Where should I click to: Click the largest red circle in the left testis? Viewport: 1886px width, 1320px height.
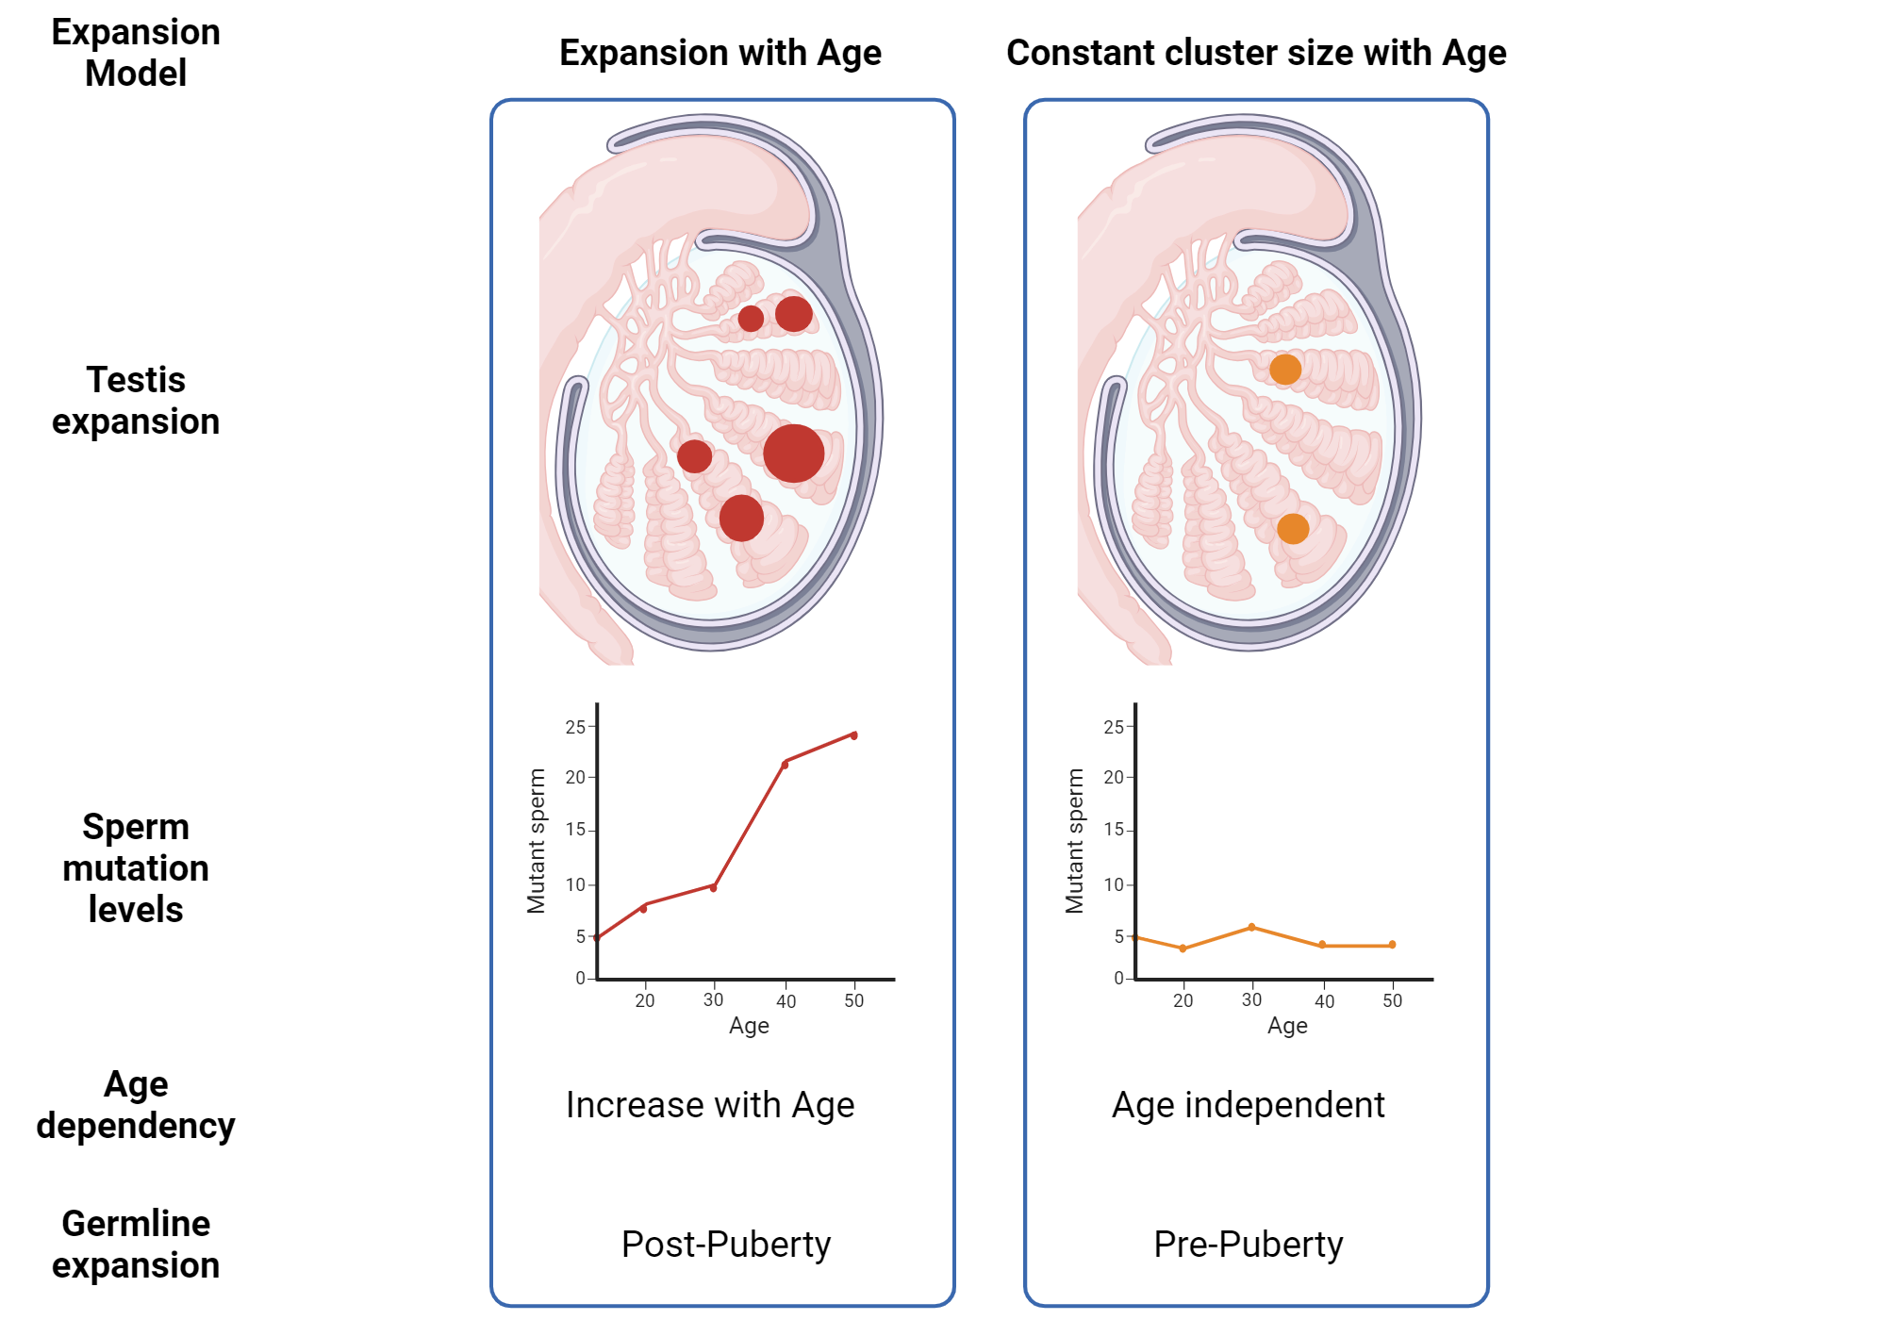[x=793, y=454]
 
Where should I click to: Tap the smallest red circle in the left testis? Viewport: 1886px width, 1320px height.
[x=751, y=319]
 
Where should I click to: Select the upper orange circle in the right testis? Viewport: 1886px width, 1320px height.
[x=1284, y=369]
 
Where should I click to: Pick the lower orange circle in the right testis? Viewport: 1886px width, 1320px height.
[x=1292, y=528]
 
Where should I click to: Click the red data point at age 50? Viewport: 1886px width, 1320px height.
[x=854, y=734]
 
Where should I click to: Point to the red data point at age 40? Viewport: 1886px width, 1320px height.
[x=785, y=764]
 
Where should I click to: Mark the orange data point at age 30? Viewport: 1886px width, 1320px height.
[x=1251, y=927]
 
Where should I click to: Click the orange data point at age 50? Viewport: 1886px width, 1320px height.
[x=1392, y=944]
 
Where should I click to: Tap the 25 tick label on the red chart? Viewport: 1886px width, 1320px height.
[x=575, y=727]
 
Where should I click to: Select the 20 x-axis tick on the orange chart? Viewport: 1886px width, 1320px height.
[x=1183, y=1000]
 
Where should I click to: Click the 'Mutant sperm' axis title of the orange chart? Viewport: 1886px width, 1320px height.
[x=1074, y=841]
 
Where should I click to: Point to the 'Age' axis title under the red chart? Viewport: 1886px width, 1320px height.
[x=749, y=1026]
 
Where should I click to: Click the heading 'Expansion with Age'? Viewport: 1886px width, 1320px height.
[x=720, y=53]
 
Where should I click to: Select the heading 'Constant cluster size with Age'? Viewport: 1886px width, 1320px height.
[x=1256, y=53]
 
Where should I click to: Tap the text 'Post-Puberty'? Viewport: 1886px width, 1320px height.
[x=726, y=1245]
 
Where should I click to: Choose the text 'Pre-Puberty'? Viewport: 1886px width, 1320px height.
[x=1248, y=1245]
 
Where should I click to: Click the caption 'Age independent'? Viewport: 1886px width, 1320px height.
[x=1248, y=1105]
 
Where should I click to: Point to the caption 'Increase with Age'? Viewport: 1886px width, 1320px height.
[x=710, y=1105]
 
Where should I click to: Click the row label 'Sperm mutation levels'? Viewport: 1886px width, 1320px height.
[x=136, y=867]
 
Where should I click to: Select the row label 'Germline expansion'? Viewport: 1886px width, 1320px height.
[x=136, y=1244]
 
